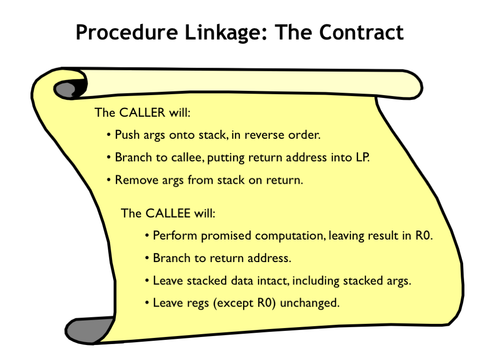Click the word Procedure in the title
coord(127,32)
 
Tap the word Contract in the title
coord(361,32)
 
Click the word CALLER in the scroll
coord(142,112)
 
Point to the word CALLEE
coord(168,213)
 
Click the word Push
coord(127,135)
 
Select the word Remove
coord(136,180)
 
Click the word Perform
coord(175,235)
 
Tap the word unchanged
coord(309,303)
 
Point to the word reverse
coord(260,135)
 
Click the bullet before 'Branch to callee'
coord(108,157)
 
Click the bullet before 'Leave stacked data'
coord(147,281)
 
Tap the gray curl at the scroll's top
coord(65,90)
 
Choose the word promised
coord(226,236)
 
